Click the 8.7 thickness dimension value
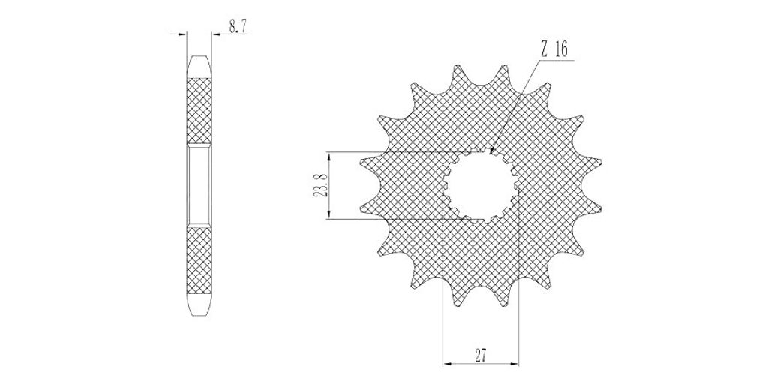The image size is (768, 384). click(x=238, y=26)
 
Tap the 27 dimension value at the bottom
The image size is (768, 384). click(x=481, y=355)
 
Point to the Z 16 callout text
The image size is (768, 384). click(x=554, y=49)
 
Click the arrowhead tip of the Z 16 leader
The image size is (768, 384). click(x=490, y=154)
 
